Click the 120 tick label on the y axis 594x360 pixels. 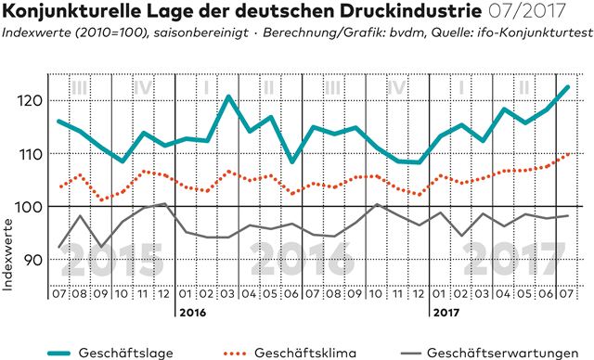coord(29,101)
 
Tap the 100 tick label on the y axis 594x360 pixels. coord(28,207)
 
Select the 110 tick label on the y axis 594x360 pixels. coord(29,154)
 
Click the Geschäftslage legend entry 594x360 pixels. coord(110,353)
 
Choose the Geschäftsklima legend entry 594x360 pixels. coord(290,353)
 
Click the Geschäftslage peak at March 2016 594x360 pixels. coord(228,96)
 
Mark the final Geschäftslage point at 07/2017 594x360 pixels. coord(567,87)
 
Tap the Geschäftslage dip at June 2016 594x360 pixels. coord(292,161)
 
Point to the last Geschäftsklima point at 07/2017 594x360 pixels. coord(567,154)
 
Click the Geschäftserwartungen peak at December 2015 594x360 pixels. coord(165,203)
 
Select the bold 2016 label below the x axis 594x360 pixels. coord(193,313)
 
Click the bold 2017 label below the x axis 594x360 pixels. coord(446,313)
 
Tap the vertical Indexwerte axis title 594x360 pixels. coord(7,255)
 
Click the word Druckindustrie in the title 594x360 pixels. coord(410,12)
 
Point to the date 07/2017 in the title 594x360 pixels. coord(527,12)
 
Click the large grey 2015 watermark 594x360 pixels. coord(112,260)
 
